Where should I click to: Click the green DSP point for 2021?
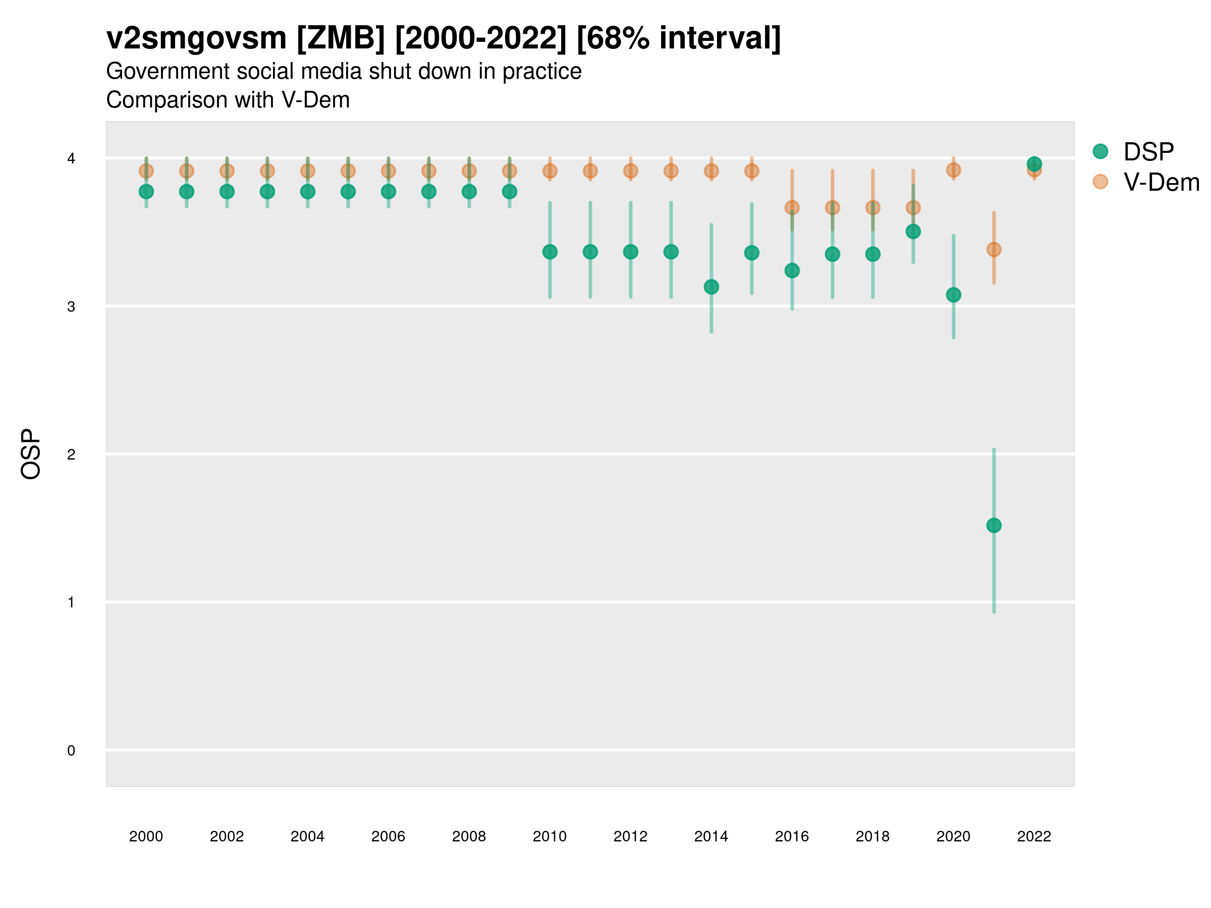pos(994,526)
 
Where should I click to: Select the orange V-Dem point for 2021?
pos(994,250)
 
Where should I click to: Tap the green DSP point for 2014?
pos(711,287)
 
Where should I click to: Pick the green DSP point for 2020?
pos(953,295)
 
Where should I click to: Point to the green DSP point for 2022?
pos(1034,163)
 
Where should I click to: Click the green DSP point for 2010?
pos(549,252)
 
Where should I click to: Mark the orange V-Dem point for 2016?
pos(792,207)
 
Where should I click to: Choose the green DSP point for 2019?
pos(913,232)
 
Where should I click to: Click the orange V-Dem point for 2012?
pos(631,172)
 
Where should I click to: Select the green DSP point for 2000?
pos(146,192)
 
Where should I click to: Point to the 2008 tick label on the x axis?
pos(469,836)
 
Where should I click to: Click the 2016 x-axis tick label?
pos(792,836)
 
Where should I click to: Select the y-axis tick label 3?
pos(71,307)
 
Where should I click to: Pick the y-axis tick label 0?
pos(71,751)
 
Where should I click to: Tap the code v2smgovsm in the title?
pos(196,38)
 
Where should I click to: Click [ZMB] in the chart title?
pos(341,38)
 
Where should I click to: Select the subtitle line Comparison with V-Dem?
pos(228,100)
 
